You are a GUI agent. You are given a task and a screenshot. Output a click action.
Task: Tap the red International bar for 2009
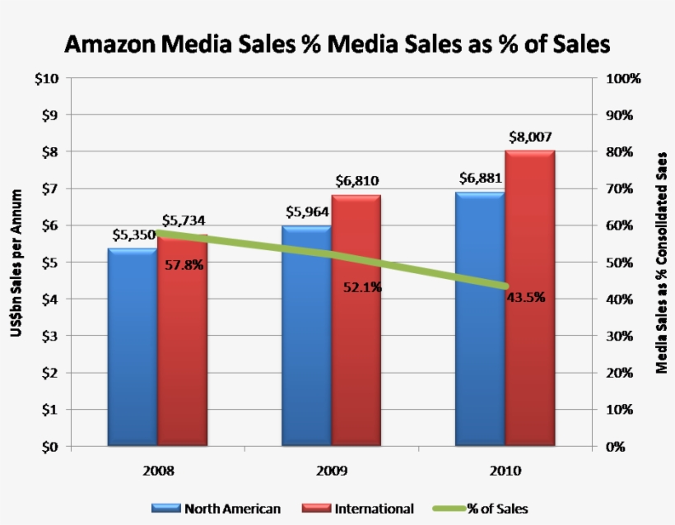coord(356,321)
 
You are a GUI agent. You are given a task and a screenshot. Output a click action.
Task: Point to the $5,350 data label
coord(133,235)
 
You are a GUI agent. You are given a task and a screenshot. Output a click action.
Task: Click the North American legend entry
coord(216,509)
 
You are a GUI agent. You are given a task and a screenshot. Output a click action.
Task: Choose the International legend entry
coord(359,509)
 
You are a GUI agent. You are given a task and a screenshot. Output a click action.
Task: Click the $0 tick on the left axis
coord(49,447)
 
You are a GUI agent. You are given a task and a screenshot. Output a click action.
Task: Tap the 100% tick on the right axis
coord(623,79)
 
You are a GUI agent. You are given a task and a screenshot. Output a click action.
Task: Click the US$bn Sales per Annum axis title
coord(16,262)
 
